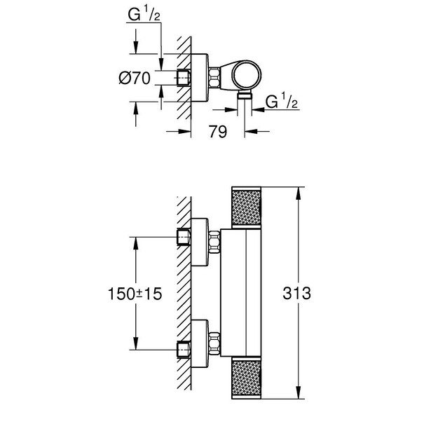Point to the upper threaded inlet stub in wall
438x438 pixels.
(183, 238)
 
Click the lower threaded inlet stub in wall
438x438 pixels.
(183, 348)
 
